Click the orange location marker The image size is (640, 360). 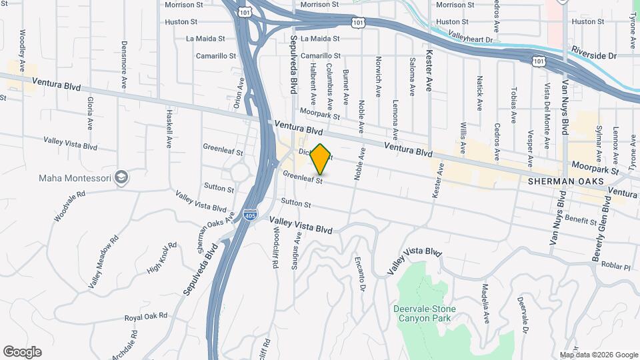tap(321, 159)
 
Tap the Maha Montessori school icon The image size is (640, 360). tap(122, 177)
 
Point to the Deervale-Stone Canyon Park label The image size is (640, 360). tap(422, 313)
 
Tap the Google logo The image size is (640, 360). tap(22, 352)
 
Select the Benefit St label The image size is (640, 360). tap(580, 219)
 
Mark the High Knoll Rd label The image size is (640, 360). tap(162, 257)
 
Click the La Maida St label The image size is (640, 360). tap(207, 39)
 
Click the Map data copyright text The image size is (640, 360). tap(599, 355)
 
